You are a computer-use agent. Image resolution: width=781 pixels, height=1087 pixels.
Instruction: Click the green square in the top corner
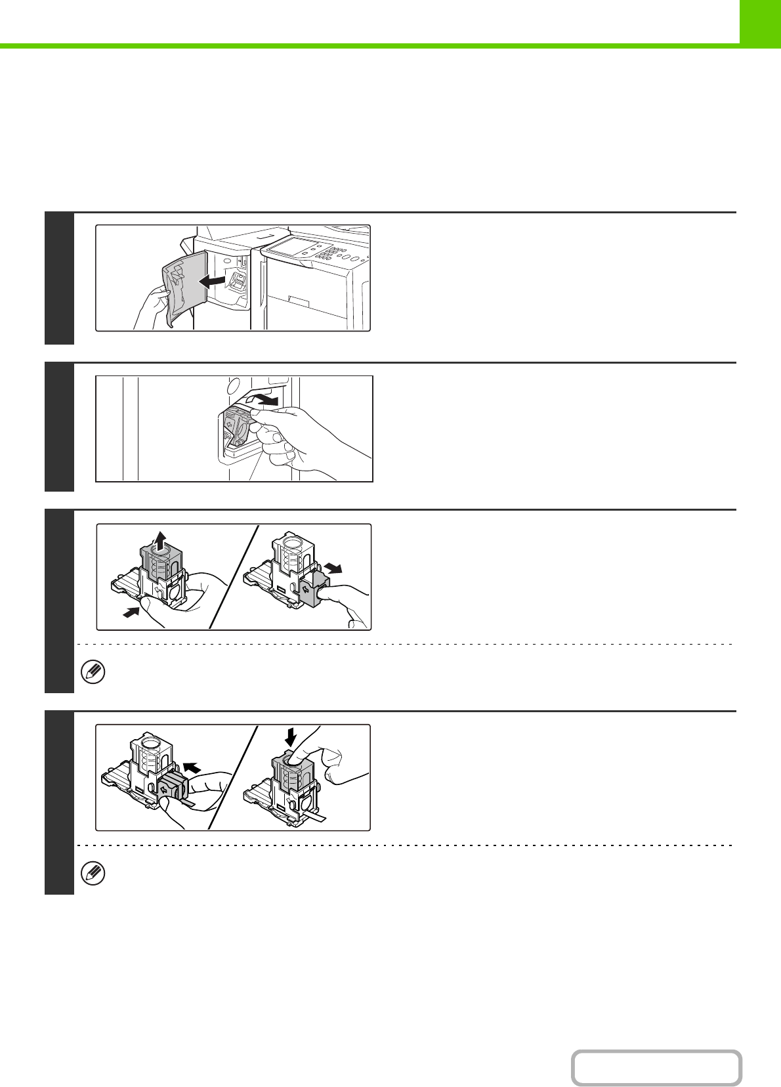(x=760, y=22)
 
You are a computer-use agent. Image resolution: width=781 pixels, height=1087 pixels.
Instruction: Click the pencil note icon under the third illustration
(x=93, y=673)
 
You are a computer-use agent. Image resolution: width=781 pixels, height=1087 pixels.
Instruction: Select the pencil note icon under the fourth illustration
(x=93, y=874)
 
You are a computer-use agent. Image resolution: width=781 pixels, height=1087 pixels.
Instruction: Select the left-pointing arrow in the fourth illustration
(x=192, y=766)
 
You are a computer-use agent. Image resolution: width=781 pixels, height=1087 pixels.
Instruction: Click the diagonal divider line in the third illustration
(x=233, y=578)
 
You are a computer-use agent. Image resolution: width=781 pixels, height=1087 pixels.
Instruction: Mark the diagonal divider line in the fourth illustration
(x=233, y=778)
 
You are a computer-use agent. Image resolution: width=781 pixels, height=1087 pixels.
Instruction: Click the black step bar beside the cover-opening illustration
(x=59, y=278)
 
